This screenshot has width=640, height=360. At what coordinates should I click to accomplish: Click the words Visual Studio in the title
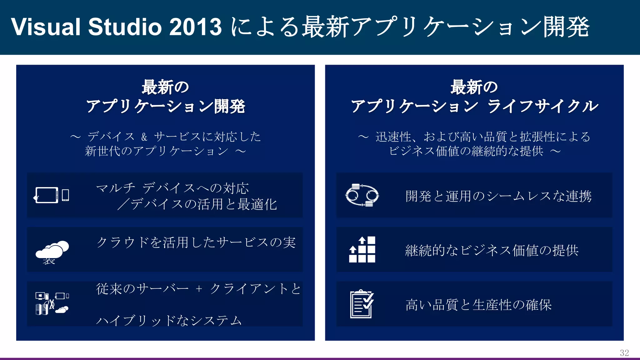point(86,27)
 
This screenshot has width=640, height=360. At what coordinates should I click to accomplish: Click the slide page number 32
point(624,353)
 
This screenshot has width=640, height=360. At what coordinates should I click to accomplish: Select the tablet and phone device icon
point(52,195)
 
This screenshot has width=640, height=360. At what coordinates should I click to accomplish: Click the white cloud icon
point(52,249)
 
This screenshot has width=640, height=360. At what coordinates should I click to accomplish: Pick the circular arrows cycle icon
point(362,195)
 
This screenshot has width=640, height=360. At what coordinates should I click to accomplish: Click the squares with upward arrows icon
point(362,249)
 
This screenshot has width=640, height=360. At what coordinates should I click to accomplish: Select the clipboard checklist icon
point(362,304)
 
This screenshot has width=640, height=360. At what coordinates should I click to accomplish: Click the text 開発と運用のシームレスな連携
point(498,196)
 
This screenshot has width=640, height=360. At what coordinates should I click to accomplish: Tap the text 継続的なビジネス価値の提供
point(492,250)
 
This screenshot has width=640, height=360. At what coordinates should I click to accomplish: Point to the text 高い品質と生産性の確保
point(478,305)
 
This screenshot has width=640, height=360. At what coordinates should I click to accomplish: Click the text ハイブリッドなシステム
point(169,320)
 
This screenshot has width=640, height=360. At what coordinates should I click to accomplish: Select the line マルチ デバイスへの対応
point(172,188)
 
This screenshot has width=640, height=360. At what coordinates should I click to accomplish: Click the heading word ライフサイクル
point(543,106)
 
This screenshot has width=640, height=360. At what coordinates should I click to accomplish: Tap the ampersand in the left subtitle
point(144,137)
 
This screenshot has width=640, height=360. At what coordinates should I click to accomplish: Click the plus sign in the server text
point(199,289)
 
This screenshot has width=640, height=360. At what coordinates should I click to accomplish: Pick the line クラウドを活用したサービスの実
point(196,242)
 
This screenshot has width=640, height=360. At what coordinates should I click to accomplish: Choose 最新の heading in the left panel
point(165,87)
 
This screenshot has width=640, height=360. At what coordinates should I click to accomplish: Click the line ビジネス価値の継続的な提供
point(466,151)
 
